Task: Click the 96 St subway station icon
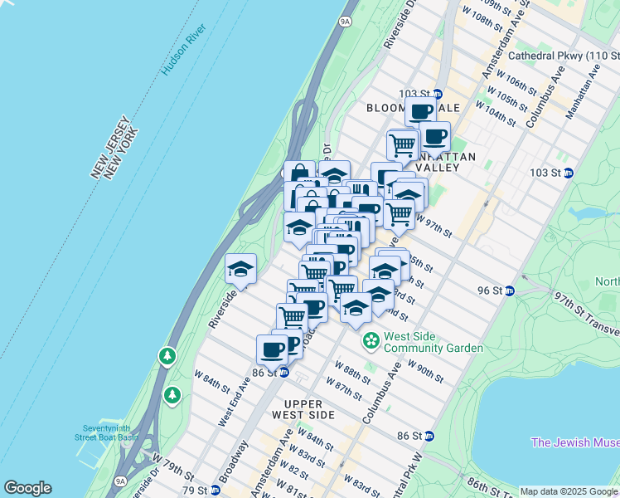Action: click(x=510, y=290)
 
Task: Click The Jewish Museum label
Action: click(x=574, y=442)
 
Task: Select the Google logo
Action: click(x=27, y=488)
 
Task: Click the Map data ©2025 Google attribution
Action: click(x=568, y=491)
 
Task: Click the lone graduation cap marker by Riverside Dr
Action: click(x=241, y=269)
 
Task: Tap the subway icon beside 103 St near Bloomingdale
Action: click(x=438, y=95)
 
